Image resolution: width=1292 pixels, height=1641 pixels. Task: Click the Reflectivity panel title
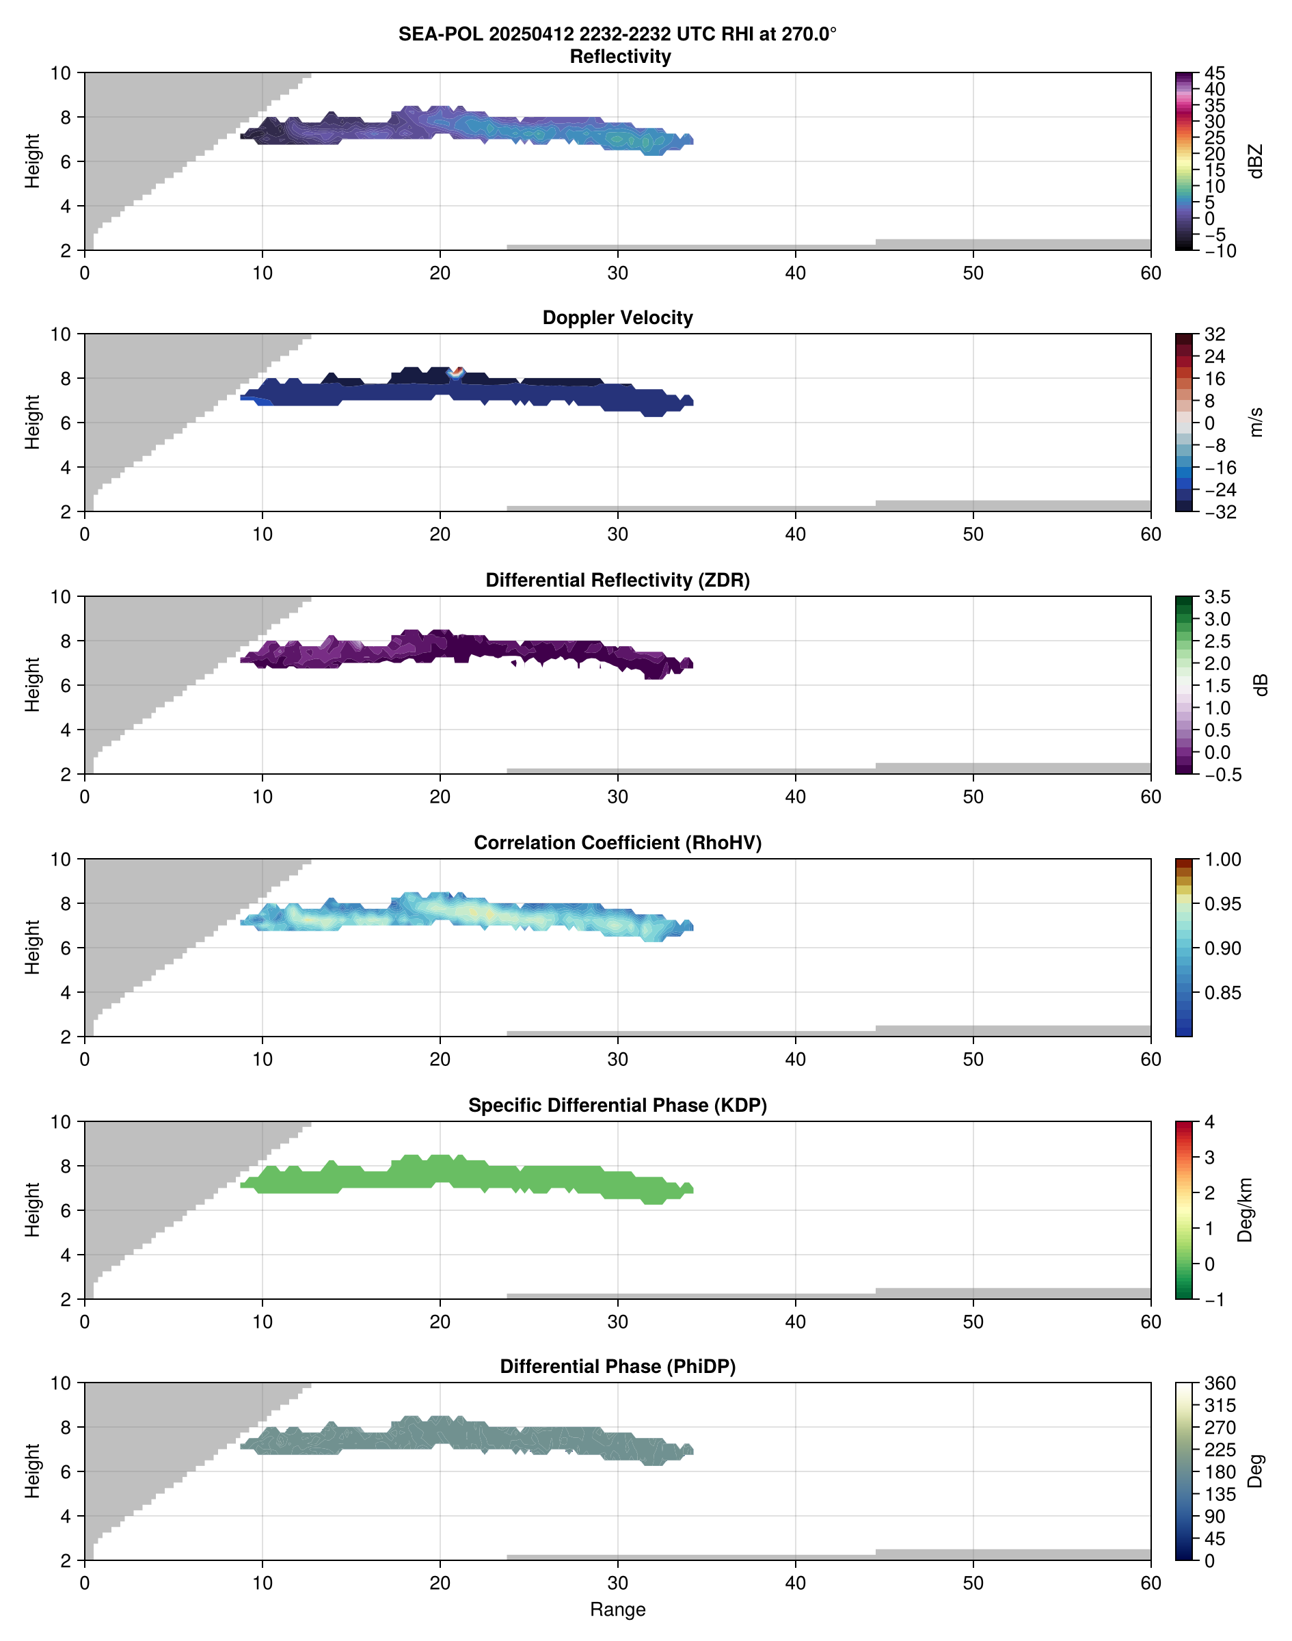coord(619,57)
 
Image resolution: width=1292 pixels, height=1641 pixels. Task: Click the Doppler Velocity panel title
coord(617,318)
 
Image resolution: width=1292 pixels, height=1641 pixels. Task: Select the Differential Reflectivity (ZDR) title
coord(617,581)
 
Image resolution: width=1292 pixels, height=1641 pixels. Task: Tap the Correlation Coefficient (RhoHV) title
coord(617,843)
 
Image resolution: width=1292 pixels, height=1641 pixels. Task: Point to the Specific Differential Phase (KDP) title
coord(617,1106)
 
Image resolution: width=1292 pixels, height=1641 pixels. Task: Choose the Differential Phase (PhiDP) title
coord(617,1366)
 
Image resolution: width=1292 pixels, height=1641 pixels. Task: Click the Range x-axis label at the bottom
coord(617,1610)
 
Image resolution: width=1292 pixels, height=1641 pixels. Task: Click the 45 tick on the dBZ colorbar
coord(1214,73)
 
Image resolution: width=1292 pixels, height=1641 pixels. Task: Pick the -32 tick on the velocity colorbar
coord(1220,512)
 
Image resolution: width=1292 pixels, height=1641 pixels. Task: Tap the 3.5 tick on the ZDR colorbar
coord(1216,597)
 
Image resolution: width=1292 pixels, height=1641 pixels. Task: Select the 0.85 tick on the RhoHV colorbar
coord(1222,993)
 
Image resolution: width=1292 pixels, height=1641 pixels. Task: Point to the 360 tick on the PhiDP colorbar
coord(1220,1384)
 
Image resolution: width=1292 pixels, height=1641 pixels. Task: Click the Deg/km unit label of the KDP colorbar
coord(1245,1210)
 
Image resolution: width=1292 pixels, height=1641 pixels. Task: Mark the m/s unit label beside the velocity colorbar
coord(1256,422)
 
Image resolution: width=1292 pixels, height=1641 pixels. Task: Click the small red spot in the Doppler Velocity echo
coord(456,371)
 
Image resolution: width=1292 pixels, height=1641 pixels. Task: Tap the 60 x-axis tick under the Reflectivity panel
coord(1150,273)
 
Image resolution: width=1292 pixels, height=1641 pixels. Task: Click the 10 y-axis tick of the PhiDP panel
coord(61,1384)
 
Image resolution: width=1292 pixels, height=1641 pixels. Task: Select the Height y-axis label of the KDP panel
coord(31,1210)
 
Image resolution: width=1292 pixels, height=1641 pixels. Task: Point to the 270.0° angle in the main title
coord(808,34)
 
